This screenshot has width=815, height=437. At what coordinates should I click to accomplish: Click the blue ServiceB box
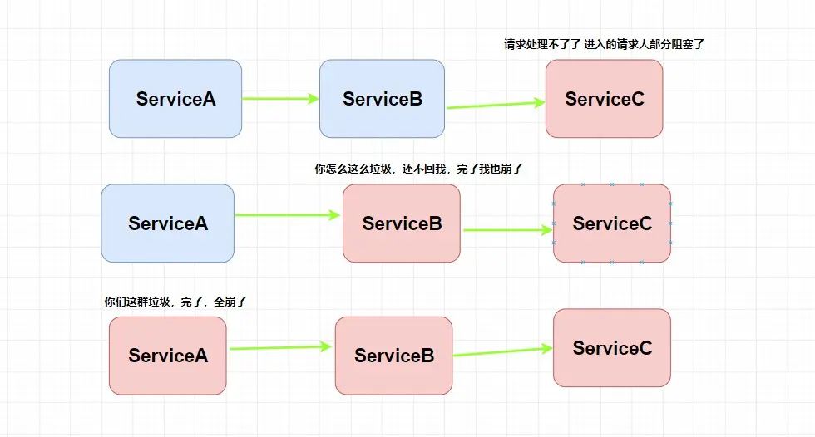pos(382,99)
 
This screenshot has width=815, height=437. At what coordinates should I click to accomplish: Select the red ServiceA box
pos(167,356)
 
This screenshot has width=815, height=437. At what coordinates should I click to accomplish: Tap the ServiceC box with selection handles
pos(612,223)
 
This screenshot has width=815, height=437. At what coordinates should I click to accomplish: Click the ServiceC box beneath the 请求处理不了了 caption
pos(604,99)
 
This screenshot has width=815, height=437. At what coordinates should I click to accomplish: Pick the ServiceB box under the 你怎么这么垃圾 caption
pos(401,223)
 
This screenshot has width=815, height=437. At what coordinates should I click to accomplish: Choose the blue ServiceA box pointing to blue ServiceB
pos(175,99)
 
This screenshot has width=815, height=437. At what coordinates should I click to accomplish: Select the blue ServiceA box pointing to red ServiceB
pos(167,223)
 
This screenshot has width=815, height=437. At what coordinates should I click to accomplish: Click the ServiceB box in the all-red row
pos(393,356)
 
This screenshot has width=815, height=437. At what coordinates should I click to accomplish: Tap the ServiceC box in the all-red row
pos(611,348)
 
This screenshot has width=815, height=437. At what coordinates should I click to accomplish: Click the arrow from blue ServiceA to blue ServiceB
pos(280,99)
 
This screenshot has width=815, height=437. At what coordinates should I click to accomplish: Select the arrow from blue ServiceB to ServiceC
pos(495,105)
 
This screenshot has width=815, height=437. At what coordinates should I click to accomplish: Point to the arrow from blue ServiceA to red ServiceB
pos(288,215)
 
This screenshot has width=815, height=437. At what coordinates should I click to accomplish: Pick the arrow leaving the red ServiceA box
pos(280,348)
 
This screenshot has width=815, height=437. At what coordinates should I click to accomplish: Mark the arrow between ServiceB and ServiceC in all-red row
pos(502,351)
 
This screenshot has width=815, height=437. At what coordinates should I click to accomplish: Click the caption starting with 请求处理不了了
pos(604,44)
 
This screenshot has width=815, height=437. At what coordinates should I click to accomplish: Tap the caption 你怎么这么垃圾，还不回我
pos(418,169)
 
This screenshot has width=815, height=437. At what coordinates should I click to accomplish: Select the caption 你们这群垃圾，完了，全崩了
pos(175,302)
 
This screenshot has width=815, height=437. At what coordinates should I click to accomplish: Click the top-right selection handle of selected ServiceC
pos(670,184)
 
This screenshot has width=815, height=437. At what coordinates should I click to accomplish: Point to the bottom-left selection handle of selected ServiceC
pos(554,262)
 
